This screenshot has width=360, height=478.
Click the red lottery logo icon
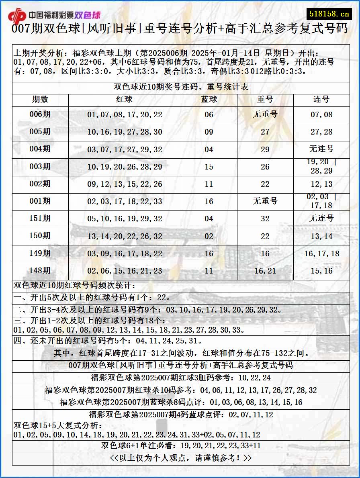(17, 16)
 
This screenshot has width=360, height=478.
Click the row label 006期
(40, 114)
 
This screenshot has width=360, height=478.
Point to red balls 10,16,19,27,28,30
(125, 132)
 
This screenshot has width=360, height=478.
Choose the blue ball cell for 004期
(209, 149)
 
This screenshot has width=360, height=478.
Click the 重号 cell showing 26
(265, 167)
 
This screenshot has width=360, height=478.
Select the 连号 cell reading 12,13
(321, 184)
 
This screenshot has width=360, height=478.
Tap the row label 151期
(40, 219)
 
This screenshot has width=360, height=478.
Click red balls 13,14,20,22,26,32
(125, 236)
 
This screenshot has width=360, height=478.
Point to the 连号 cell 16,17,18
(321, 253)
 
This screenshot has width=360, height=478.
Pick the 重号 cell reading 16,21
(265, 271)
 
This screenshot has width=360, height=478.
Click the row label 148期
(40, 271)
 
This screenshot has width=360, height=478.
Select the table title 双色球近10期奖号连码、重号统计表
(181, 87)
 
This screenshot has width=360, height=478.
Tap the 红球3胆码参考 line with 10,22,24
(181, 378)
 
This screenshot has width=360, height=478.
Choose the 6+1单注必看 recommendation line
(181, 446)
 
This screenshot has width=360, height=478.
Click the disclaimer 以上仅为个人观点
(181, 458)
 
